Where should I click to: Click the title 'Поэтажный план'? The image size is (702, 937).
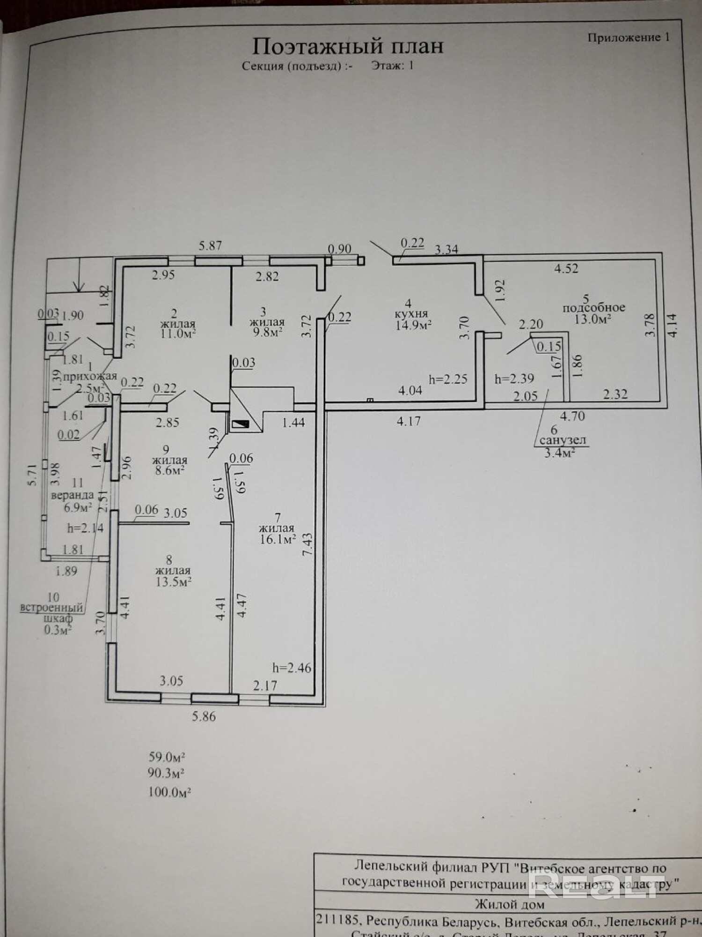[348, 46]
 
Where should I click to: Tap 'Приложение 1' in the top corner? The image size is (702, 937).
[628, 37]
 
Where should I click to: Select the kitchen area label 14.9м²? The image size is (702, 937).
[413, 325]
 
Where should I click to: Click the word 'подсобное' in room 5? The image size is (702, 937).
[594, 308]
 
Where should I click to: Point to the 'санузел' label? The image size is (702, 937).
[563, 440]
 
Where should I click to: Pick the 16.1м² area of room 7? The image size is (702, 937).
[278, 539]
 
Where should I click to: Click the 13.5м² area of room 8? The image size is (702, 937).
[173, 581]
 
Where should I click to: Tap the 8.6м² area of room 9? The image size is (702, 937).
[169, 470]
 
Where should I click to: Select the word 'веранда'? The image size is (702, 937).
[73, 495]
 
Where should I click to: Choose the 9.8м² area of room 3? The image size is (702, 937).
[267, 332]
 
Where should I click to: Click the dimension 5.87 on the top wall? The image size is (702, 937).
[210, 246]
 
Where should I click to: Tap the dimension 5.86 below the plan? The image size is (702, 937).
[204, 716]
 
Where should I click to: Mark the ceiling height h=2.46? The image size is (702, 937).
[292, 668]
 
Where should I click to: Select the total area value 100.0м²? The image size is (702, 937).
[169, 792]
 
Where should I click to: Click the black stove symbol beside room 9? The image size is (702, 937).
[242, 424]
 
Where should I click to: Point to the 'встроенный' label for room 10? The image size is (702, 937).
[51, 608]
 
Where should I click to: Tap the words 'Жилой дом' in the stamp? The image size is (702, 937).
[510, 904]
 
